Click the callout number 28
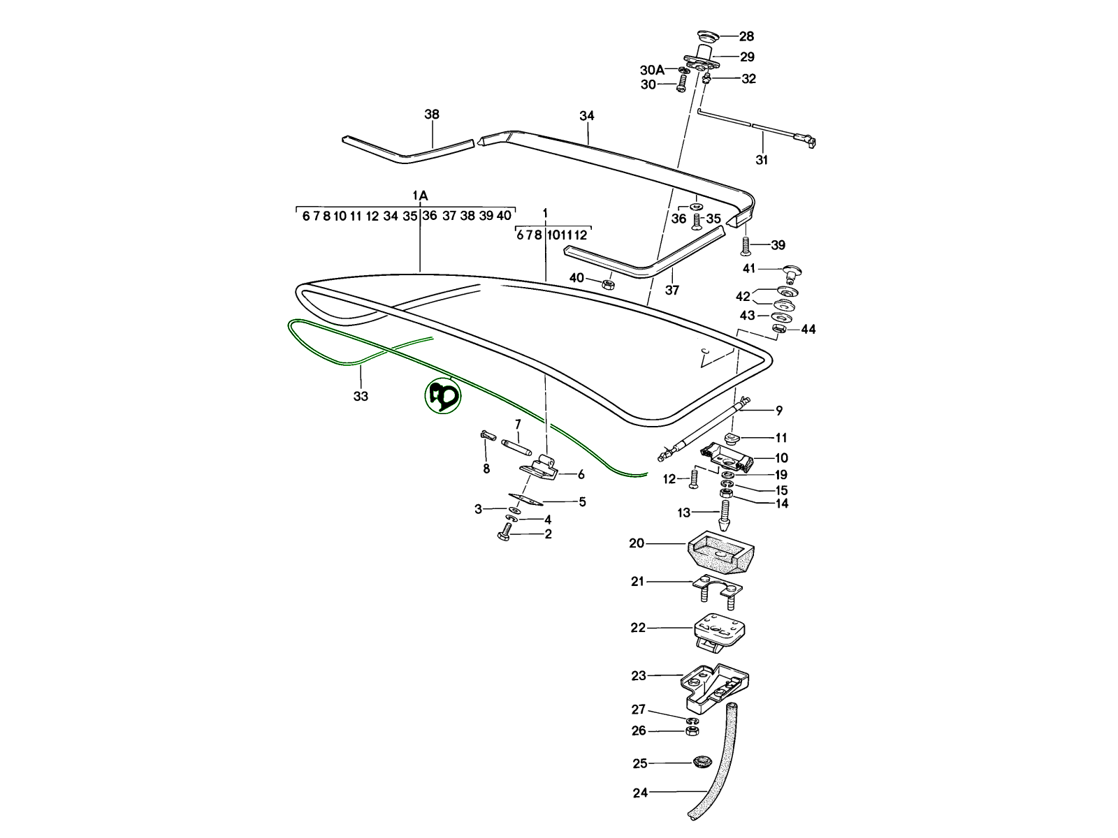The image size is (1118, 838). tap(746, 36)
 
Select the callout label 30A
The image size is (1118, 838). tap(652, 70)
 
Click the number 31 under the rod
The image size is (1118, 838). tap(762, 160)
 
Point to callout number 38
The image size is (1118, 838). tap(432, 114)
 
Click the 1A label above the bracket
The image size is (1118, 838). tap(420, 196)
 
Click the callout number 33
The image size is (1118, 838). tap(360, 396)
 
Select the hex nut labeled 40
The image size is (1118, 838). tap(607, 284)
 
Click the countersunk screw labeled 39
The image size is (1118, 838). tap(746, 245)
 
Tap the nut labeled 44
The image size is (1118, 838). tap(780, 328)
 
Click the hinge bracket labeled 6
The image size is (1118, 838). tap(541, 466)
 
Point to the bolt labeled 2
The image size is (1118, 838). tap(504, 535)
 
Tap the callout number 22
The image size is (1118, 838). tap(638, 628)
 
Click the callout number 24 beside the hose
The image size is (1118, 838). tap(640, 793)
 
